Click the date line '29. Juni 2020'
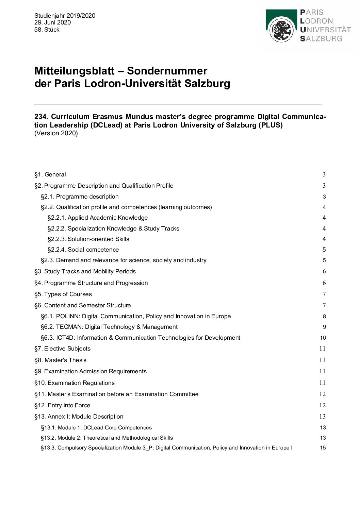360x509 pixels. (52, 22)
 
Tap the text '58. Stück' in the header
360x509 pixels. (47, 30)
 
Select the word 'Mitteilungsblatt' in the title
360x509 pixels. (74, 71)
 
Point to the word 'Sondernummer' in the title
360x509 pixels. (167, 71)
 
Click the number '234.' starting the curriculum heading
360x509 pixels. (41, 117)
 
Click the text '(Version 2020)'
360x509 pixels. (56, 133)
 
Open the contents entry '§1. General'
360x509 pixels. (50, 174)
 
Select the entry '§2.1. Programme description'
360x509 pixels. (80, 197)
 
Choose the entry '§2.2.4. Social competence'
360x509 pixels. (83, 250)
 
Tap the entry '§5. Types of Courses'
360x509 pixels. (63, 294)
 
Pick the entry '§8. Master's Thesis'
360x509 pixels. (60, 360)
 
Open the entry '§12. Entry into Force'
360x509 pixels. (62, 405)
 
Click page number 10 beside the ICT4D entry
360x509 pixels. (323, 338)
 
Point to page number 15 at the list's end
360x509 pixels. (323, 448)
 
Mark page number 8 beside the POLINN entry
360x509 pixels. (324, 317)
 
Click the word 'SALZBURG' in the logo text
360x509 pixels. (321, 39)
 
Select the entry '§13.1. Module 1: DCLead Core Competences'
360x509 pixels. (96, 428)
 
